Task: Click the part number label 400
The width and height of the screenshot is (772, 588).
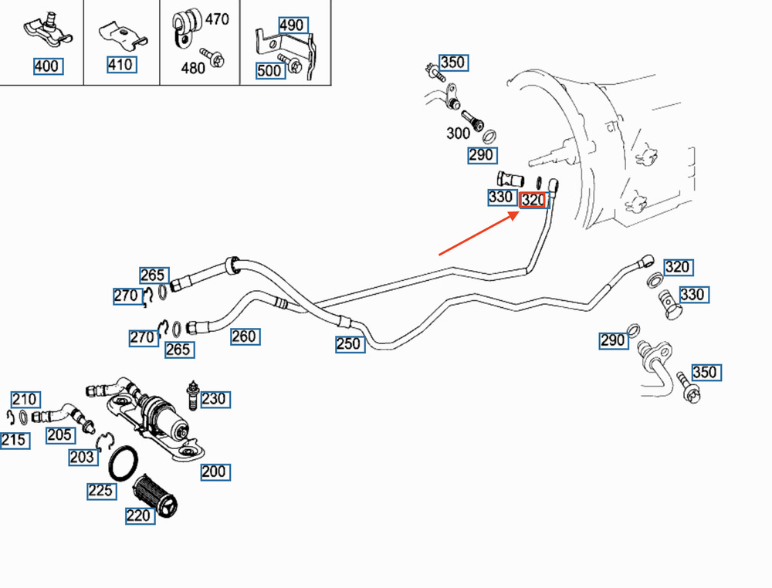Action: [46, 66]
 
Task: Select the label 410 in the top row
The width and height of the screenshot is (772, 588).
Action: [120, 65]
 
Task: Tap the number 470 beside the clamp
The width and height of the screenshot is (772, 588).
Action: [216, 19]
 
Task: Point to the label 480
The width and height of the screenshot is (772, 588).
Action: [192, 68]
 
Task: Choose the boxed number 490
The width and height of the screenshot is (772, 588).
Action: [291, 25]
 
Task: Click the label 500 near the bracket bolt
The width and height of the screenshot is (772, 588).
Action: [269, 71]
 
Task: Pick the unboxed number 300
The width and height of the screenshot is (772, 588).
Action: [458, 133]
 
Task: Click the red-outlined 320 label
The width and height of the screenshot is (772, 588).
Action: [533, 201]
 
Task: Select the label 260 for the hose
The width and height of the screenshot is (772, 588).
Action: [243, 336]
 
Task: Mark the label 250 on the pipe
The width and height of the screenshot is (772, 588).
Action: [348, 344]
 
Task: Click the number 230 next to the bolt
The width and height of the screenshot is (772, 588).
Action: [214, 399]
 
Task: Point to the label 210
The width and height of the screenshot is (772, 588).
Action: [24, 399]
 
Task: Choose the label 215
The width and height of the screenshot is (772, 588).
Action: [14, 441]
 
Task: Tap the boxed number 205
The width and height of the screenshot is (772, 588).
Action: [59, 435]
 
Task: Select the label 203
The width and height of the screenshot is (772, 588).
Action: [82, 457]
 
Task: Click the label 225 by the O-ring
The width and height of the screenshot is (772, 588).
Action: [101, 491]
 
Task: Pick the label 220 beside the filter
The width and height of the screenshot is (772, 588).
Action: [138, 516]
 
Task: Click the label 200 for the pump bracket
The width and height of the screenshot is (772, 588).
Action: [213, 471]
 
